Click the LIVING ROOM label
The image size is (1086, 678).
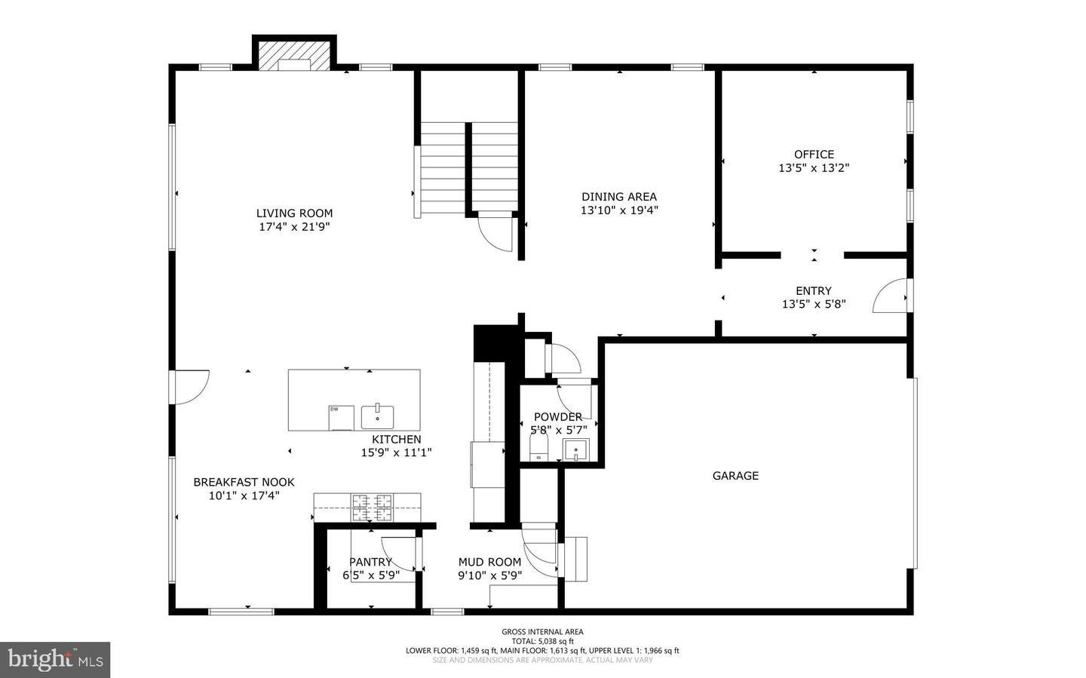(x=294, y=213)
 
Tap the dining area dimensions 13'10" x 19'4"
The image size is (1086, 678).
(x=619, y=210)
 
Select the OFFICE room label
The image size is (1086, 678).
(x=814, y=155)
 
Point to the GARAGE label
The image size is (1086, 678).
(x=735, y=476)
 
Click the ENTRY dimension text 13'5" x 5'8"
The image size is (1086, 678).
(x=814, y=305)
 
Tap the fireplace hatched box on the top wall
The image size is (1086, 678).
(x=294, y=54)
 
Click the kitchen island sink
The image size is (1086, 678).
(x=377, y=416)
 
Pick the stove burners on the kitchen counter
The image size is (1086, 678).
(x=372, y=508)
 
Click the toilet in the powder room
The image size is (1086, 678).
(x=538, y=450)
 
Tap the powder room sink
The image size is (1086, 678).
(x=575, y=451)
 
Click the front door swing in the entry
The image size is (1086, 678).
(x=890, y=297)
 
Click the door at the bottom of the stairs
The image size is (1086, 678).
(x=495, y=233)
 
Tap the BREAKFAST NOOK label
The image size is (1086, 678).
(x=244, y=483)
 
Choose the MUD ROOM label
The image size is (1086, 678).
(x=489, y=562)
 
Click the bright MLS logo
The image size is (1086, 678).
(x=55, y=660)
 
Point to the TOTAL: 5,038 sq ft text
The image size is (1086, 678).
(x=542, y=641)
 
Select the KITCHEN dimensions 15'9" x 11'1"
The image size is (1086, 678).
(x=396, y=453)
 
